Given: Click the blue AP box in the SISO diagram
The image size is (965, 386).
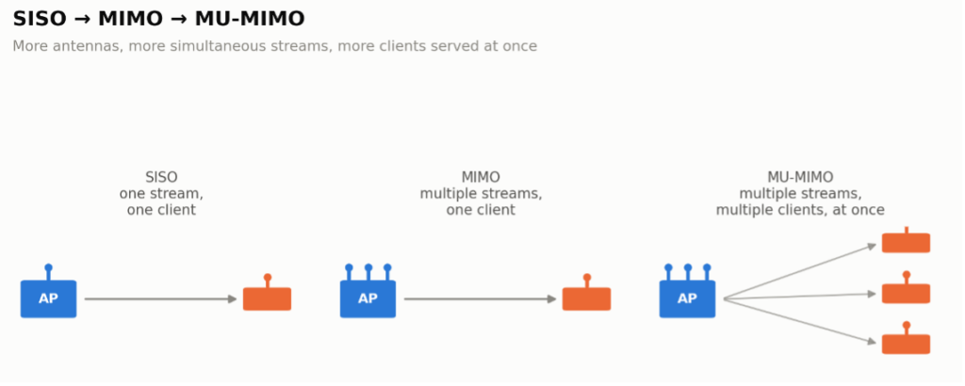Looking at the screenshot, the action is (x=48, y=299).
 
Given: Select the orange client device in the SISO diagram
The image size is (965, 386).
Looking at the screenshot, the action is (x=267, y=298).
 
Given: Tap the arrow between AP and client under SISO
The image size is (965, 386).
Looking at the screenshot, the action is (x=160, y=299).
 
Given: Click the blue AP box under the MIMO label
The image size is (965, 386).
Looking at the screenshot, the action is (x=368, y=299).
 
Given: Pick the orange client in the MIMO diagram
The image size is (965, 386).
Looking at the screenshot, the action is (x=586, y=298).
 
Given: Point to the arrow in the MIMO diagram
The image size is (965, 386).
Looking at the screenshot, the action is (x=480, y=299).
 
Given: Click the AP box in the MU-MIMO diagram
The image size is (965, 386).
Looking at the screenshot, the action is (x=687, y=299).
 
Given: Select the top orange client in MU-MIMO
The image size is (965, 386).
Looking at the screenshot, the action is (x=906, y=243).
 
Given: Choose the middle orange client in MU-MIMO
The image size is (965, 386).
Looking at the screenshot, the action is (x=906, y=293).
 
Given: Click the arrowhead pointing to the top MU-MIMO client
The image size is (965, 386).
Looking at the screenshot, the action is (x=872, y=247).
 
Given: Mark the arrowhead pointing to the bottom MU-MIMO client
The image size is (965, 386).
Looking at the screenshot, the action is (x=872, y=341).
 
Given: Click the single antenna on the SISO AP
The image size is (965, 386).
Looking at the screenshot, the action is (x=49, y=272).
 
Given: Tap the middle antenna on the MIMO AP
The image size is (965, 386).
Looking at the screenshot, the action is (x=368, y=272).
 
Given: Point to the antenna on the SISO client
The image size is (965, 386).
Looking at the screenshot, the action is (x=267, y=281).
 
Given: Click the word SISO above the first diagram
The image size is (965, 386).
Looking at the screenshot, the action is (x=161, y=178).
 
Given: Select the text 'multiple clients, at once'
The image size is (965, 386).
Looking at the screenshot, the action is (x=800, y=210).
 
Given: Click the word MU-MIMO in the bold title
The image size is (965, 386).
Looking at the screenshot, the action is (x=249, y=19).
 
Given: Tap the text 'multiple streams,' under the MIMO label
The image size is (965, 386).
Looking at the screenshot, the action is (x=481, y=194).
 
